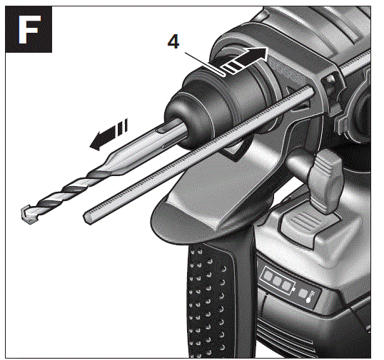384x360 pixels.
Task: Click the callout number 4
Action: pyautogui.click(x=173, y=42)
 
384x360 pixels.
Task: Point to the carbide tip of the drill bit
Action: pyautogui.click(x=28, y=212)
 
